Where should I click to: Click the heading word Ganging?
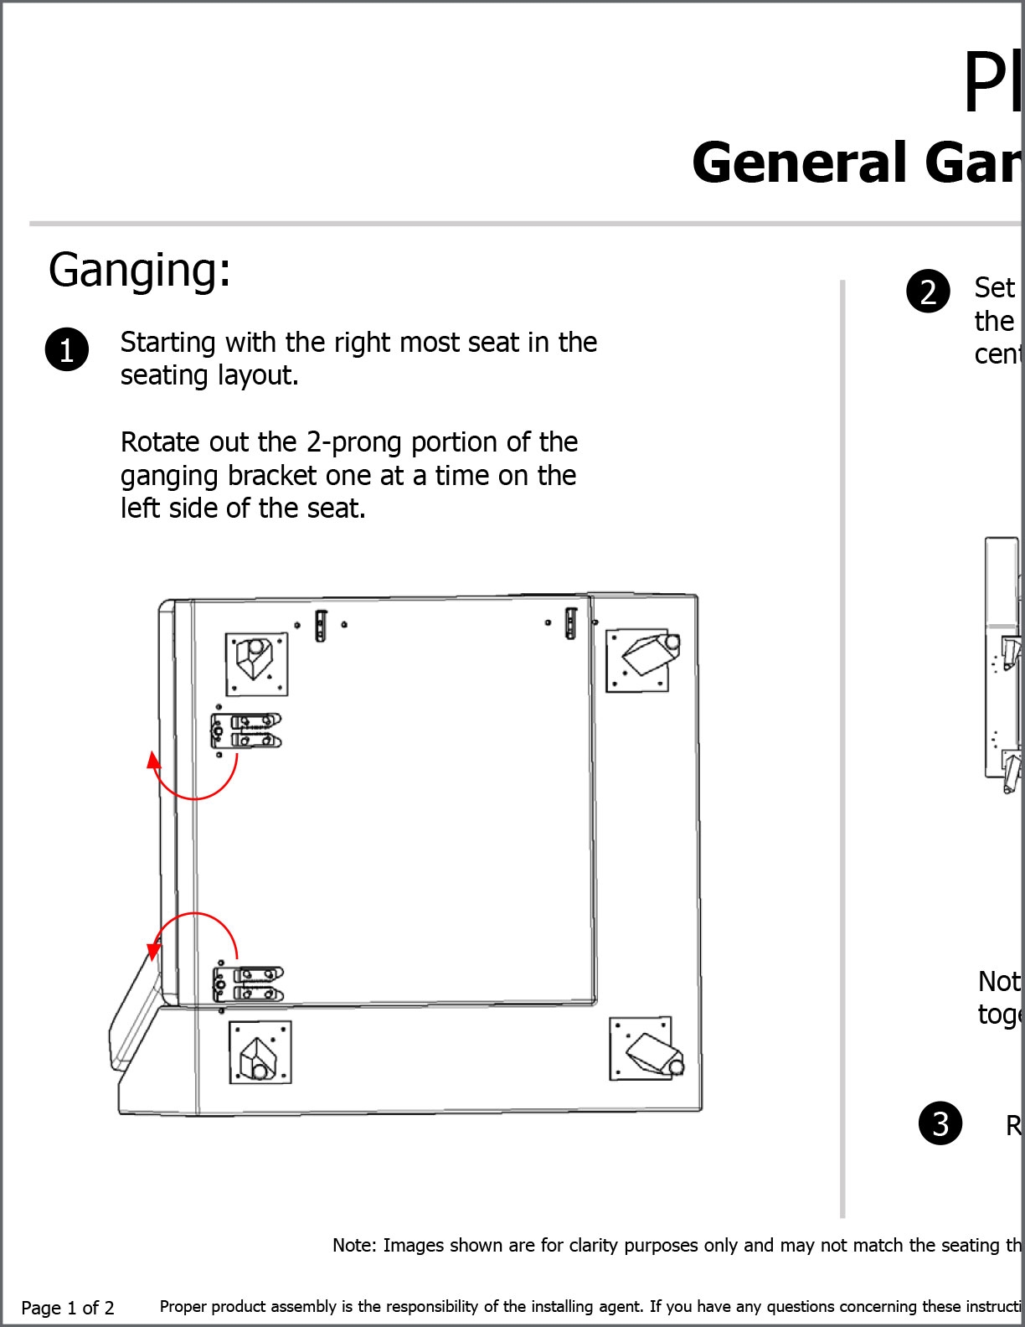click(x=139, y=271)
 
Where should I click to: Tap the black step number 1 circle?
click(x=66, y=349)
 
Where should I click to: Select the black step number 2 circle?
click(x=928, y=292)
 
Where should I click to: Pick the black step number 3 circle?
click(x=940, y=1123)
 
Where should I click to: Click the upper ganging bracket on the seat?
click(x=245, y=731)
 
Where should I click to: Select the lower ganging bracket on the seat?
click(x=248, y=984)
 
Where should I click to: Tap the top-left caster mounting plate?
click(x=256, y=663)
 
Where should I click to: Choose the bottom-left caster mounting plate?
click(x=260, y=1052)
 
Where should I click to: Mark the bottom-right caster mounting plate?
click(x=641, y=1048)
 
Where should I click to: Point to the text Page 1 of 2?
click(x=68, y=1308)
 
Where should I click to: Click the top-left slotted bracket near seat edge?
click(x=321, y=625)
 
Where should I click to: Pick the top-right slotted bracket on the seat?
click(x=570, y=622)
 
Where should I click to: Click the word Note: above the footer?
click(x=354, y=1246)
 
